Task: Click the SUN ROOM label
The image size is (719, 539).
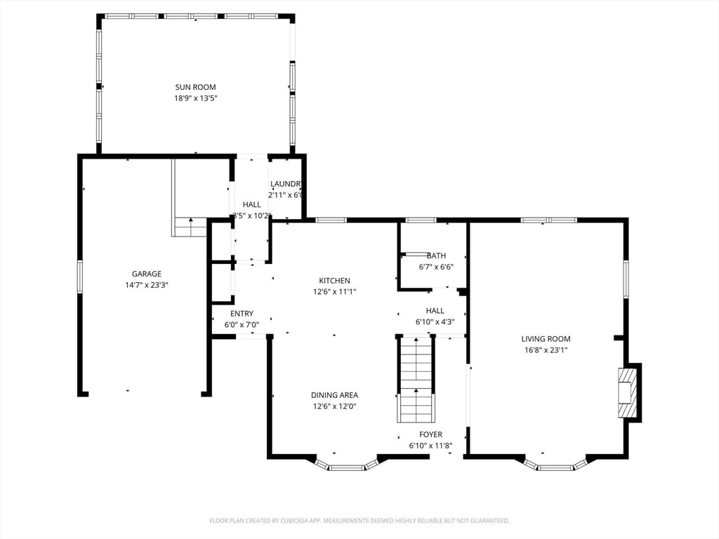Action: pos(195,87)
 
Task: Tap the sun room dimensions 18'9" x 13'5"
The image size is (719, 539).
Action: pos(195,98)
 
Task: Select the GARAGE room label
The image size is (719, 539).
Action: pos(146,274)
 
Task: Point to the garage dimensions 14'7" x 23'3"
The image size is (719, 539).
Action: pos(146,285)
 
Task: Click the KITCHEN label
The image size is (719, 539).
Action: pos(334,281)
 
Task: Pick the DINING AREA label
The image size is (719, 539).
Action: pos(334,395)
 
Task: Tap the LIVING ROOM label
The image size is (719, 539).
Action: pos(546,338)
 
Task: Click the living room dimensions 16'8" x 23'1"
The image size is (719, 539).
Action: pos(546,350)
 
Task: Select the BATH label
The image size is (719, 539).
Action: pos(435,255)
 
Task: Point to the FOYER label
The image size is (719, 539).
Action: pos(430,434)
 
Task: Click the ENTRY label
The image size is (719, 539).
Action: pos(242,314)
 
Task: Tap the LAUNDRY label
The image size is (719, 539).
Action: pos(286,184)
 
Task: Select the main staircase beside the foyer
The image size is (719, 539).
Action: pos(416,379)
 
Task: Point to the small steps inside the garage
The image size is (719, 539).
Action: pos(190,227)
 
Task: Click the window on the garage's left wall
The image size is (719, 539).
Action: pos(79,276)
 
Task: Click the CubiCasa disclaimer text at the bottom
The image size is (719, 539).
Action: pos(359,521)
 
